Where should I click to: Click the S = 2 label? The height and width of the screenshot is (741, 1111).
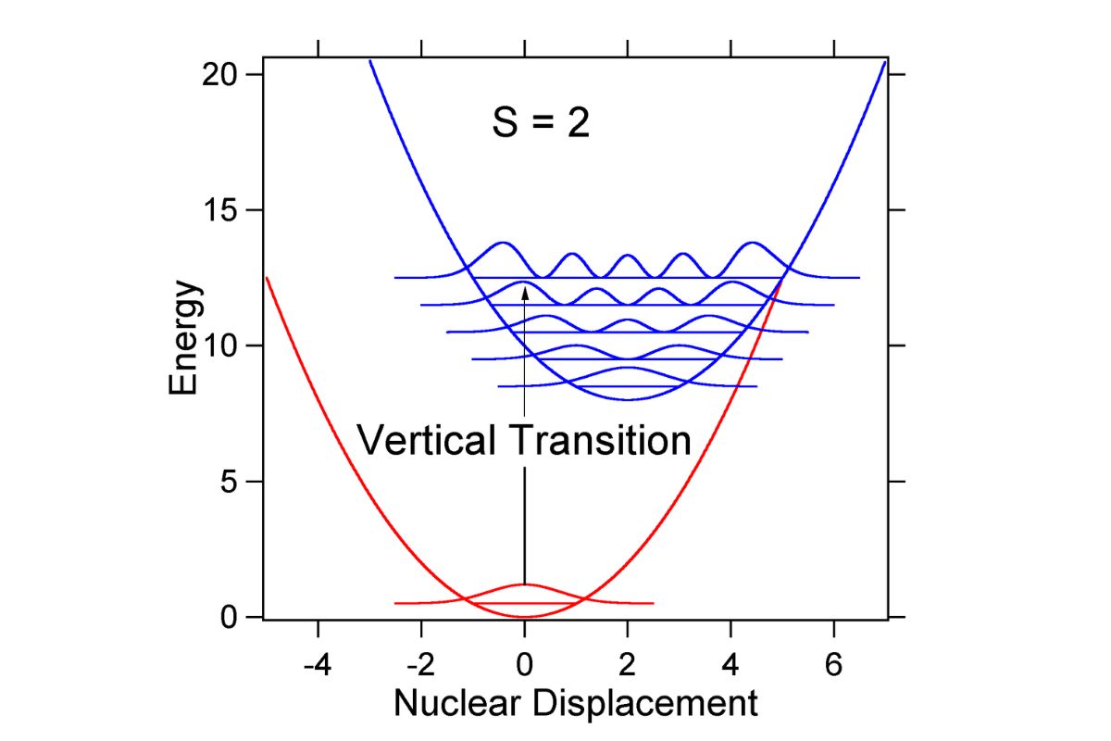pyautogui.click(x=541, y=123)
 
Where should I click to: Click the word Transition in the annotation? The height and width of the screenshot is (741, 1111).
pyautogui.click(x=600, y=440)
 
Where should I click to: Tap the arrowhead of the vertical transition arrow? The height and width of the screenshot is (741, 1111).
pyautogui.click(x=525, y=294)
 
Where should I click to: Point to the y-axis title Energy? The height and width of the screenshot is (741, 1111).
pyautogui.click(x=184, y=338)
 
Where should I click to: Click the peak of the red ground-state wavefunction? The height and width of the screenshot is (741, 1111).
pyautogui.click(x=525, y=584)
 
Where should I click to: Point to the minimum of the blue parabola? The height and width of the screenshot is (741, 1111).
pyautogui.click(x=628, y=399)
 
